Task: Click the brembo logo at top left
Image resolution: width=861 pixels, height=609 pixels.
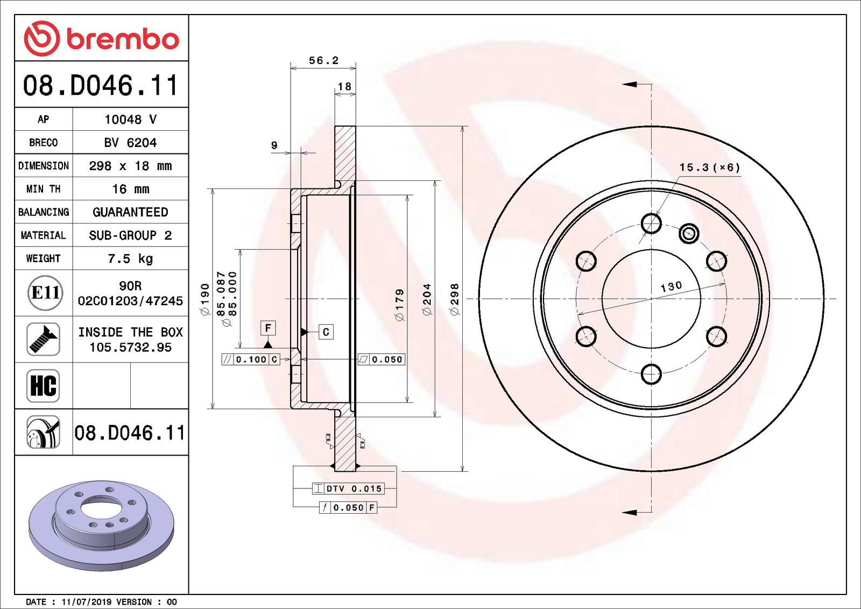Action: [x=101, y=39]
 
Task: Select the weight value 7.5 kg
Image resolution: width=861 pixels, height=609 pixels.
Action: [x=130, y=258]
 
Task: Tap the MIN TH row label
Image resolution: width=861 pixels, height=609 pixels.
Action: [x=43, y=189]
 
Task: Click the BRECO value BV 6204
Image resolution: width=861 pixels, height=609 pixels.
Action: [x=130, y=143]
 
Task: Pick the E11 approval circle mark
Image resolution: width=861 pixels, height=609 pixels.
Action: [x=45, y=293]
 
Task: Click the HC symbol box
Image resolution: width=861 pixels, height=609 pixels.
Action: [x=43, y=386]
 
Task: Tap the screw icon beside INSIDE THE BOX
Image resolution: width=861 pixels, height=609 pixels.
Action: [x=43, y=339]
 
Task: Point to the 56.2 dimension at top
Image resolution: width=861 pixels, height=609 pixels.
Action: [x=323, y=60]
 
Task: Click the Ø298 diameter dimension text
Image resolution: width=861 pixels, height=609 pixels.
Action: [x=455, y=299]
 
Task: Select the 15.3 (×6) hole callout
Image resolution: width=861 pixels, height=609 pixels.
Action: [x=709, y=167]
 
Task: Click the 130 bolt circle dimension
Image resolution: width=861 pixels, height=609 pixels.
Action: [x=671, y=286]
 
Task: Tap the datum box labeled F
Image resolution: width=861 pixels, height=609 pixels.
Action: [x=268, y=327]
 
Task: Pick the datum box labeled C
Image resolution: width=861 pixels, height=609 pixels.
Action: [x=326, y=332]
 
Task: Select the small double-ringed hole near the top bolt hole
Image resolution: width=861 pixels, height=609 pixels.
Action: [x=689, y=234]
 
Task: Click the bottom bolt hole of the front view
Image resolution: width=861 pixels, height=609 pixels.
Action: [x=651, y=374]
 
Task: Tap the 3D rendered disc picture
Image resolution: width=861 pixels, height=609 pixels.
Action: [x=101, y=525]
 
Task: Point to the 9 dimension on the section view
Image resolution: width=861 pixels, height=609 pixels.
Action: [x=274, y=145]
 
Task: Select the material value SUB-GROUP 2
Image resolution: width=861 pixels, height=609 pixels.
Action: [x=130, y=235]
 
